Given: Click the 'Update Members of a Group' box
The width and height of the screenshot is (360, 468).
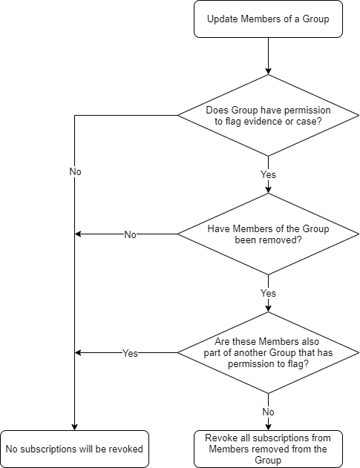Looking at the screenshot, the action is tap(268, 19).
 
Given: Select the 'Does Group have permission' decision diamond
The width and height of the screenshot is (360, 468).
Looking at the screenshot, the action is tap(268, 115).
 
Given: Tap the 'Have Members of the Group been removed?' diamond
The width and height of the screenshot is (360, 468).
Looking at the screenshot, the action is tap(268, 234).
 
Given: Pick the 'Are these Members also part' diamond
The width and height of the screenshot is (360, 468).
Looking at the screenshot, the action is tap(268, 352).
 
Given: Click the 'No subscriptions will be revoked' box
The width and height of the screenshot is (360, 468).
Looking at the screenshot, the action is tap(74, 449).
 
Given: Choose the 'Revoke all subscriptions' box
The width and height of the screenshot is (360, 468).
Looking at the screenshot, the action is tap(268, 449).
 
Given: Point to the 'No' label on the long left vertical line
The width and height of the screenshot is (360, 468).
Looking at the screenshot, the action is tap(75, 171).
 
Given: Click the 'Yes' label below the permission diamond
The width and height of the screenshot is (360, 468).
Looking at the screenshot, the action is tap(268, 174).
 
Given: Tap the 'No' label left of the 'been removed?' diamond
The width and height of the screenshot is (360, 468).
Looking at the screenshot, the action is tap(130, 234).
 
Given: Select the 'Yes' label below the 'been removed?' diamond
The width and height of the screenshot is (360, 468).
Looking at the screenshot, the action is tap(268, 293).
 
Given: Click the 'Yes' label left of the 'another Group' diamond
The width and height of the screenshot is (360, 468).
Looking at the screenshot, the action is tap(130, 353).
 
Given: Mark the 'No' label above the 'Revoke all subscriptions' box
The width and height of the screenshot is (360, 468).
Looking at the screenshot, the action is tap(268, 412).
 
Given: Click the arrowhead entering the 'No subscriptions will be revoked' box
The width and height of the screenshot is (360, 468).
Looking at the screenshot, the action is tap(75, 427).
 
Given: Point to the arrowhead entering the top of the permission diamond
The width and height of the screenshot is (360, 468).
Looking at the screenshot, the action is tap(268, 71).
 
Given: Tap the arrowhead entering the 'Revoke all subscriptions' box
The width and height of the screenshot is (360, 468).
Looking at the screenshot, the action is tap(268, 427).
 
